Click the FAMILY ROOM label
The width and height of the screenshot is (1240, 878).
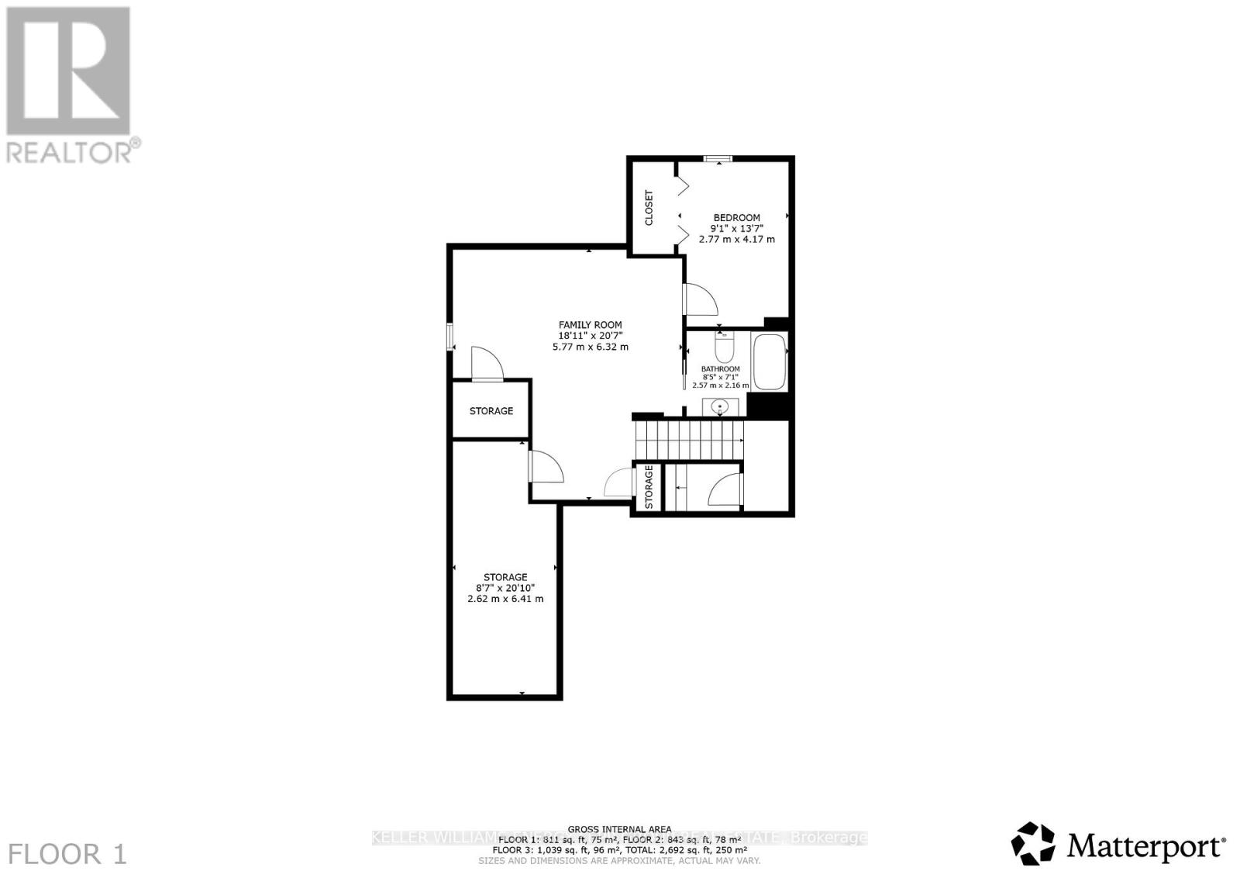[591, 325]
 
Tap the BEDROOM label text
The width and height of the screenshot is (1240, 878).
[736, 218]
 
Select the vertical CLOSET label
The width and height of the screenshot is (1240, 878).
[649, 208]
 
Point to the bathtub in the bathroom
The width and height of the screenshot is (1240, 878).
[770, 362]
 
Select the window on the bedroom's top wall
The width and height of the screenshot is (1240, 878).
[718, 160]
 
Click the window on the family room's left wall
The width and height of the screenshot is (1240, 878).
[449, 336]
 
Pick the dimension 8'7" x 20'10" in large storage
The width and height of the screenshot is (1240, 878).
[505, 588]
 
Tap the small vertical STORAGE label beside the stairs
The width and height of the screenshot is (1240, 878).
[649, 487]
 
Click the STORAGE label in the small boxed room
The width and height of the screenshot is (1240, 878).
[491, 410]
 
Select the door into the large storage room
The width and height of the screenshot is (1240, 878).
[544, 468]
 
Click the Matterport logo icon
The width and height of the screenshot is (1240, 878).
[1033, 843]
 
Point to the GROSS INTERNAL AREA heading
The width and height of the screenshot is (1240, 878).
[619, 829]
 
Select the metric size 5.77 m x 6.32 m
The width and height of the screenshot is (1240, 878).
[591, 347]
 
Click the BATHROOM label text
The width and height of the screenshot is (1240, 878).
[721, 369]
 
